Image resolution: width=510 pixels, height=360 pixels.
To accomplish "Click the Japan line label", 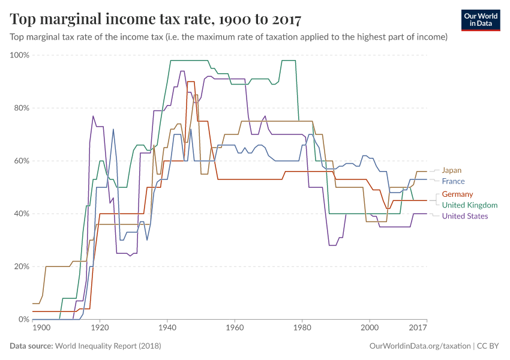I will point(452,170).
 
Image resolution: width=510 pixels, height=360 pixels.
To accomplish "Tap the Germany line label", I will point(457,194).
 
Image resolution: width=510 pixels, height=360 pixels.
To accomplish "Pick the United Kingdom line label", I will point(470,205).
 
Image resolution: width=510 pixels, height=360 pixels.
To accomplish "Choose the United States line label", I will point(465,216).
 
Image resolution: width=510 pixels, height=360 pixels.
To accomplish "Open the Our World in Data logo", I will point(481,20).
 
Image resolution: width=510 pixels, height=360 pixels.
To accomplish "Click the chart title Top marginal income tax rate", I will point(156,20).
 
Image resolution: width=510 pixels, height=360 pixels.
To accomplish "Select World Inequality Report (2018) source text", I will point(108,346).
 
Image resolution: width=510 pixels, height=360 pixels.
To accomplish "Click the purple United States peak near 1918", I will point(93,116).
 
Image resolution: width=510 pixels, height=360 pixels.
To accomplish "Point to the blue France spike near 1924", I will point(113,129).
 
